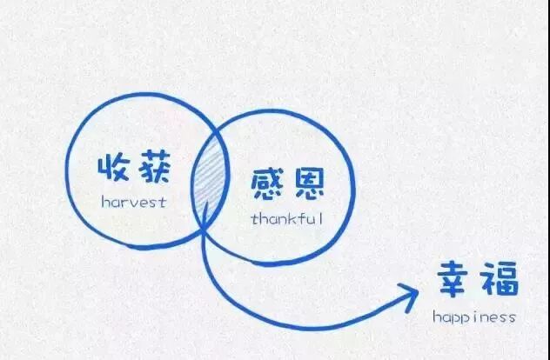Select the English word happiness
[x=475, y=317]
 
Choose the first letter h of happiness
[x=437, y=316]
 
